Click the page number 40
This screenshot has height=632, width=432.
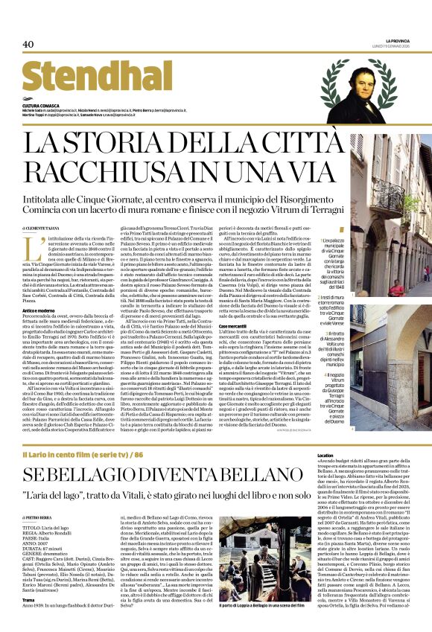[28, 44]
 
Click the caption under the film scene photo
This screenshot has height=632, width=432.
[258, 625]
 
